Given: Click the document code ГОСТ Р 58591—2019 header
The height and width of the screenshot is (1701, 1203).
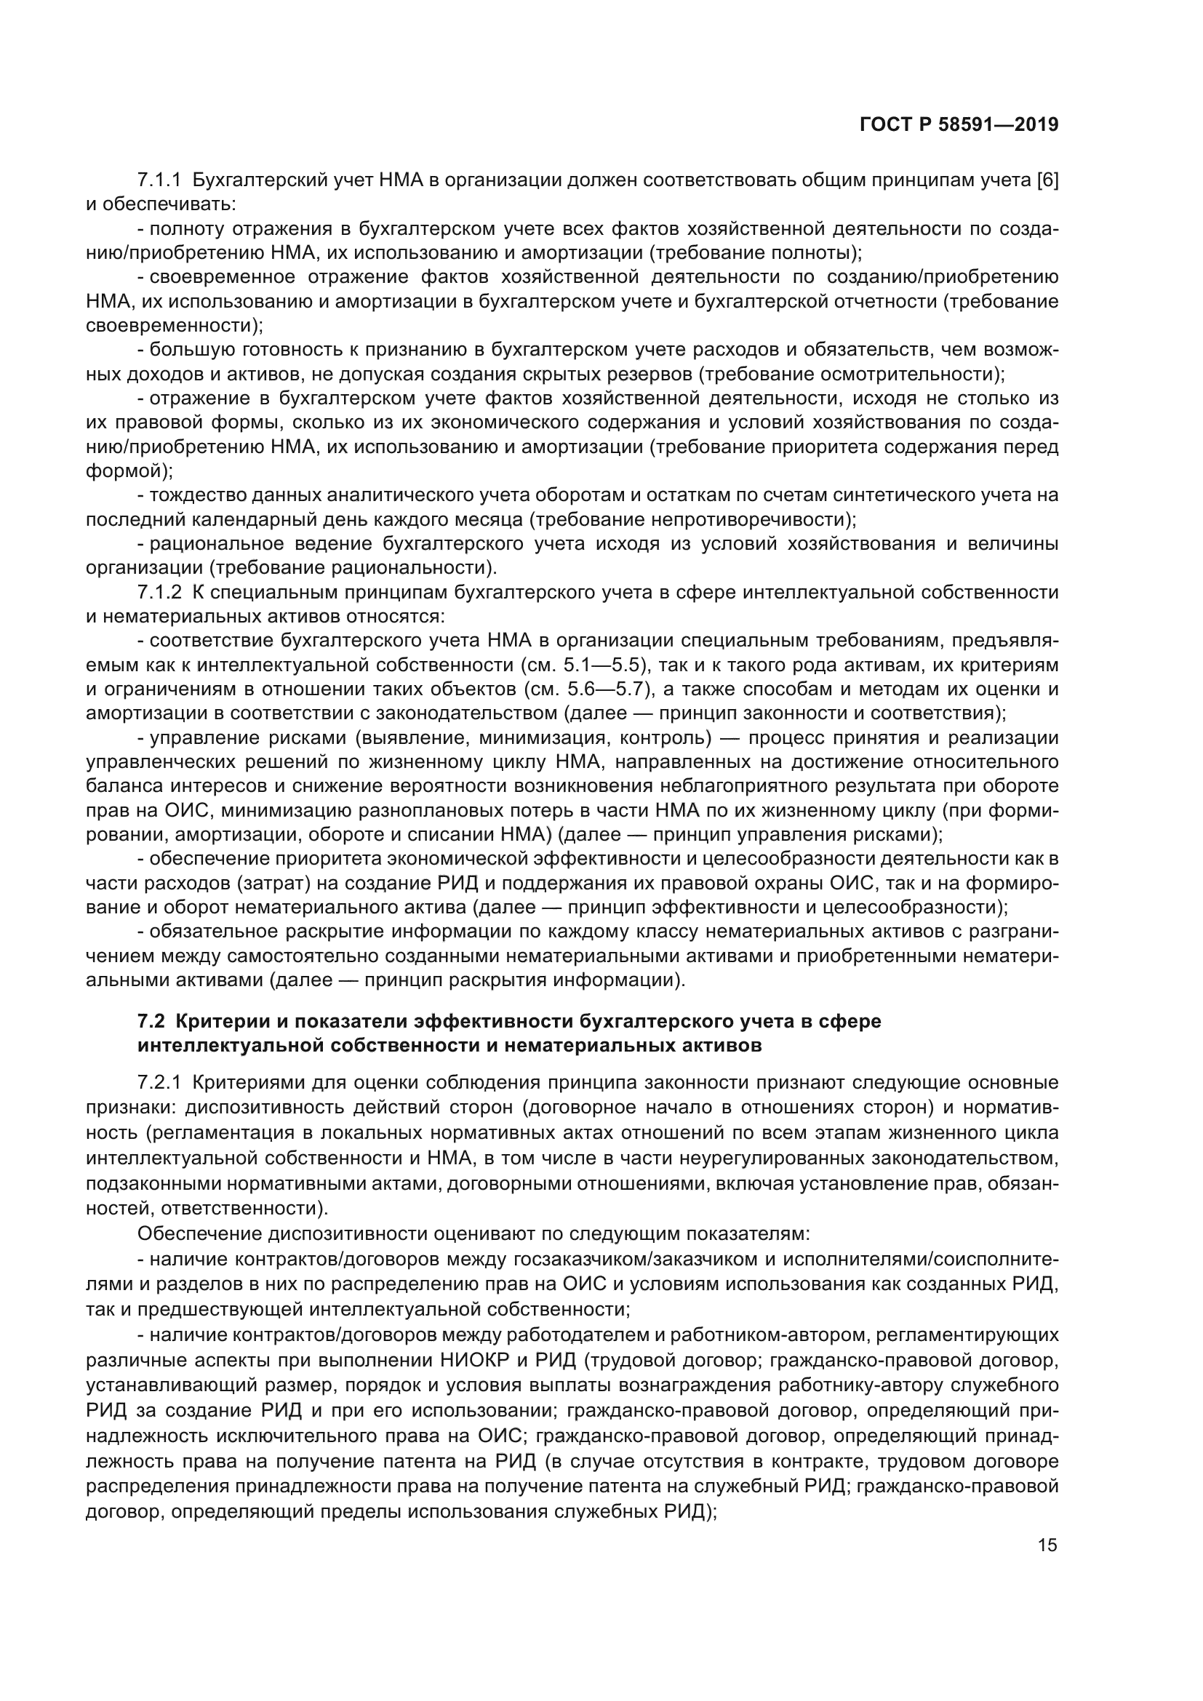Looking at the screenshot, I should [x=959, y=125].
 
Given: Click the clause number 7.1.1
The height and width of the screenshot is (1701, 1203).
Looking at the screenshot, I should [x=159, y=180].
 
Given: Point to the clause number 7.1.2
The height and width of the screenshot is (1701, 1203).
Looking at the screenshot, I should [x=159, y=592].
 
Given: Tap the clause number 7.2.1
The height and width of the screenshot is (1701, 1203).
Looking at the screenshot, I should [x=159, y=1082].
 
